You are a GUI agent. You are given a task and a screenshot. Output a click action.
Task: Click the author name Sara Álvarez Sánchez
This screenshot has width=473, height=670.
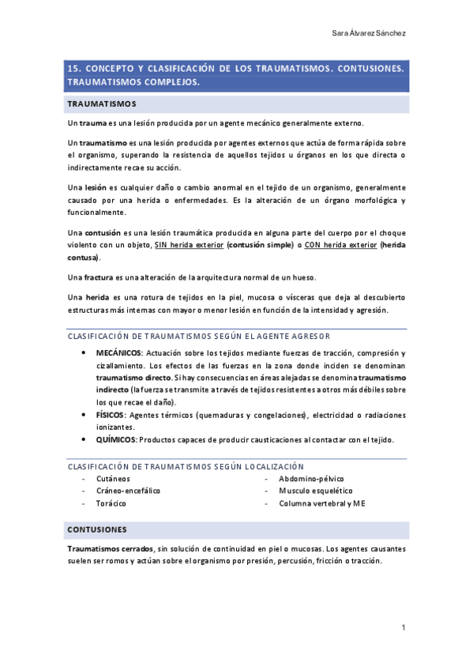(x=370, y=33)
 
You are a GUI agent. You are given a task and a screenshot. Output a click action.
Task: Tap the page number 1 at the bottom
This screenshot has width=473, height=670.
(x=403, y=627)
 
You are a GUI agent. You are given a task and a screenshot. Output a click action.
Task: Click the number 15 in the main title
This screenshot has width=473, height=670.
(x=74, y=69)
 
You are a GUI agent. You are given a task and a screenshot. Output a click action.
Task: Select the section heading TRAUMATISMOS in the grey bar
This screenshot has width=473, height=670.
(x=102, y=104)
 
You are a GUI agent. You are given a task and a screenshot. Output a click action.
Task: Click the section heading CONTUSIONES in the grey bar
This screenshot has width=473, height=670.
(x=96, y=528)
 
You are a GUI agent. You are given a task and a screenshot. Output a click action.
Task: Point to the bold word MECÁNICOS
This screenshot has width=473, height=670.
(x=118, y=352)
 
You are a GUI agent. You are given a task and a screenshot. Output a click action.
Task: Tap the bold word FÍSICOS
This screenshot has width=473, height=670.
(x=111, y=414)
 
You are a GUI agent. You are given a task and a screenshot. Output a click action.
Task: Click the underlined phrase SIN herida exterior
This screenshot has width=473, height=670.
(x=189, y=246)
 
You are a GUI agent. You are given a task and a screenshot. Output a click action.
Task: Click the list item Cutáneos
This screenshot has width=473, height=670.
(x=114, y=479)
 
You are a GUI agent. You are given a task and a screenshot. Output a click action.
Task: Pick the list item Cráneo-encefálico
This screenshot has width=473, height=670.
(x=128, y=491)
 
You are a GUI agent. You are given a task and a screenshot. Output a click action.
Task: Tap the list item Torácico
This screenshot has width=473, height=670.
(x=112, y=502)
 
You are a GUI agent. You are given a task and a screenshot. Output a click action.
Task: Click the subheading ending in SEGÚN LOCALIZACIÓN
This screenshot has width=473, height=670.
(x=186, y=466)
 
